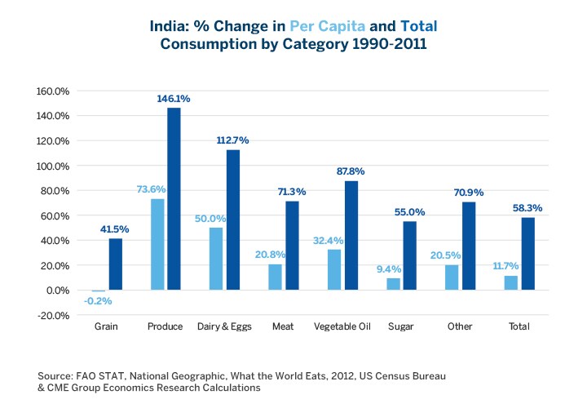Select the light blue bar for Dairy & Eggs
pos(216,259)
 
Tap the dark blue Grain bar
pos(115,264)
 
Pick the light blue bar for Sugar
pos(393,284)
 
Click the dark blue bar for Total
pos(527,253)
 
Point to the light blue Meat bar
pos(275,277)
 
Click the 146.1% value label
pos(174,99)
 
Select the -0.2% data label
pos(98,301)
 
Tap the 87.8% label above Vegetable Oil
pos(351,171)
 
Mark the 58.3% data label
pos(527,208)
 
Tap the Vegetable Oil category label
pos(342,326)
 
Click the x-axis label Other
pos(460,326)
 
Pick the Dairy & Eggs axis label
pos(223,326)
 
